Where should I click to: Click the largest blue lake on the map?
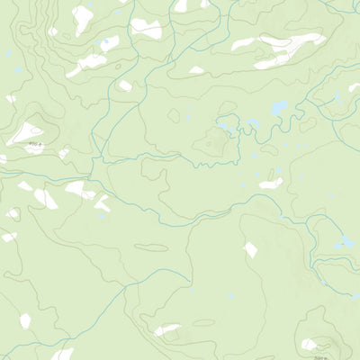[280, 109]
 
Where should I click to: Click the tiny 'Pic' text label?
[34, 142]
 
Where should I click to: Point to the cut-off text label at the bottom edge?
[311, 355]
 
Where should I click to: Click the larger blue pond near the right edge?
[346, 243]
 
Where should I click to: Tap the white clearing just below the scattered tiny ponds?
[270, 184]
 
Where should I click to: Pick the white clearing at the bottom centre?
[166, 330]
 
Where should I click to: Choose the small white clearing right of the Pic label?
[64, 154]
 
